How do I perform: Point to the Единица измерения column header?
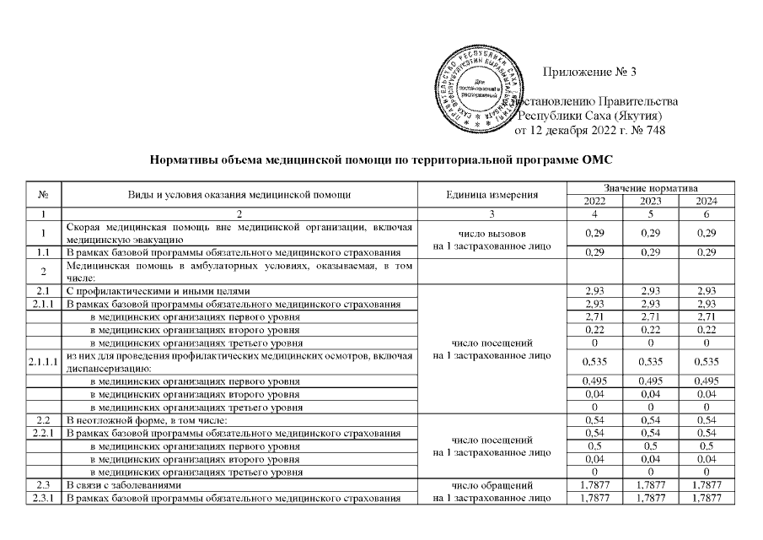(x=491, y=195)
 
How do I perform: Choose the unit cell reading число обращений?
(x=491, y=486)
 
